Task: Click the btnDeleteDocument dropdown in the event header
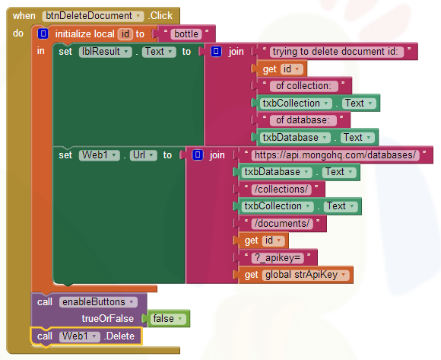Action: pyautogui.click(x=93, y=16)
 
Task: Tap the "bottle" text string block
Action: pyautogui.click(x=186, y=34)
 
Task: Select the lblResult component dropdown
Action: pyautogui.click(x=106, y=52)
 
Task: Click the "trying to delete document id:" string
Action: pyautogui.click(x=337, y=52)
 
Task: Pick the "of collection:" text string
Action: pyautogui.click(x=303, y=86)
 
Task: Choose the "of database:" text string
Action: pyautogui.click(x=303, y=120)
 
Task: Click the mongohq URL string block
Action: pyautogui.click(x=335, y=155)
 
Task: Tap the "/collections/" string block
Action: pyautogui.click(x=281, y=190)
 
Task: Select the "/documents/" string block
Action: pyautogui.click(x=282, y=224)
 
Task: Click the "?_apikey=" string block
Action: pyautogui.click(x=278, y=257)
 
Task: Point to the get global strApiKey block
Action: pyautogui.click(x=295, y=275)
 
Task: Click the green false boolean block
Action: pyautogui.click(x=168, y=319)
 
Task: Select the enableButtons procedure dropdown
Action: pyautogui.click(x=98, y=302)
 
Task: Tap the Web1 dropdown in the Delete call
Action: pyautogui.click(x=80, y=336)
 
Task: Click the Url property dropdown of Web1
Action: pyautogui.click(x=144, y=155)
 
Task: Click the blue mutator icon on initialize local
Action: pyautogui.click(x=43, y=34)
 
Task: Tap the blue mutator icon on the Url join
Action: pyautogui.click(x=198, y=155)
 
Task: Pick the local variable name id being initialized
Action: pyautogui.click(x=125, y=34)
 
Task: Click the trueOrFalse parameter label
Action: pyautogui.click(x=108, y=319)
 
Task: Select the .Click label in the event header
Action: pyautogui.click(x=160, y=16)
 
